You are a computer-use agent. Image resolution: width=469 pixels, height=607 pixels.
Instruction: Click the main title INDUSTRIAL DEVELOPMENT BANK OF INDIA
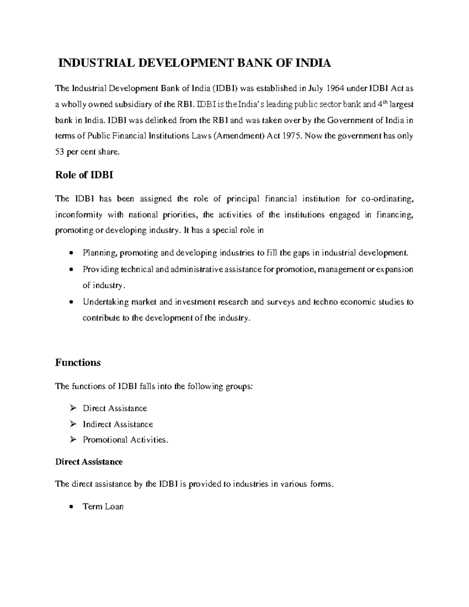coord(194,63)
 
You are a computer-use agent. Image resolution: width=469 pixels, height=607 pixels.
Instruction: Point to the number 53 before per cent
coord(60,152)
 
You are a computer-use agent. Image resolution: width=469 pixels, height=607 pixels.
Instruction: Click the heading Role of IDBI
coord(84,175)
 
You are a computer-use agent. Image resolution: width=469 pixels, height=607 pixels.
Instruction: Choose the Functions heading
coord(78,363)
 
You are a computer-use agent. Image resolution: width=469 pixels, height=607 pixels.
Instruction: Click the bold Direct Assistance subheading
coord(89,462)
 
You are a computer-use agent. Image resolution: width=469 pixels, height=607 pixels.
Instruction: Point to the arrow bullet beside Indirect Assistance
coord(72,424)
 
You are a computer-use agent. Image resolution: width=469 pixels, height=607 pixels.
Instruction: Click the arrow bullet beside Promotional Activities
coord(72,440)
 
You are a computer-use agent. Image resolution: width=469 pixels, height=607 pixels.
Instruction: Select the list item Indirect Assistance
coord(118,424)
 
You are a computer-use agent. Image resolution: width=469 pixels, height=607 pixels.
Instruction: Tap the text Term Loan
coord(103,507)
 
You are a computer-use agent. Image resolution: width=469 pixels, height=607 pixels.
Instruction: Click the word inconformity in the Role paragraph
coord(79,215)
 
